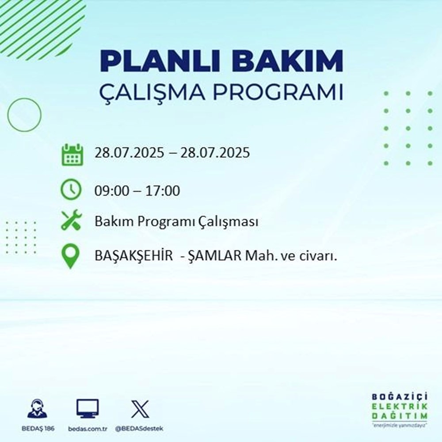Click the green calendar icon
click(x=71, y=154)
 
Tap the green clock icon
click(x=71, y=191)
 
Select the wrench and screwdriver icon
click(x=71, y=220)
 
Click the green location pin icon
click(x=71, y=256)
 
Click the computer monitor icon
click(x=88, y=409)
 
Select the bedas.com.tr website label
click(x=88, y=429)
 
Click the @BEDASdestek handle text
click(x=141, y=429)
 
